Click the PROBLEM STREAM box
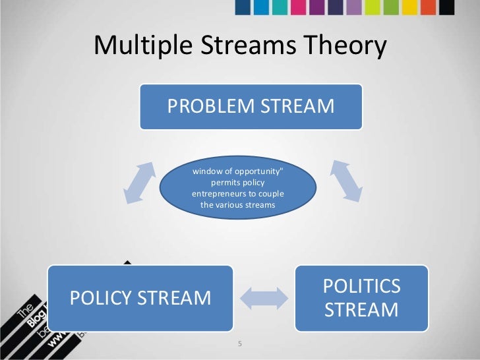click(x=251, y=106)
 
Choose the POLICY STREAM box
click(x=140, y=298)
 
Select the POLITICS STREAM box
click(x=361, y=298)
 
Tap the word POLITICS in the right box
click(x=361, y=287)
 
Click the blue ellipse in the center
click(x=237, y=188)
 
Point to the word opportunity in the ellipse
click(x=255, y=171)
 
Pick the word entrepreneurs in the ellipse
click(x=222, y=194)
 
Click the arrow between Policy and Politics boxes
click(x=263, y=298)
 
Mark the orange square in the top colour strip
click(x=429, y=7)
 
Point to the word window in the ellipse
click(x=205, y=171)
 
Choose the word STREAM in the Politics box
click(x=361, y=309)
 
